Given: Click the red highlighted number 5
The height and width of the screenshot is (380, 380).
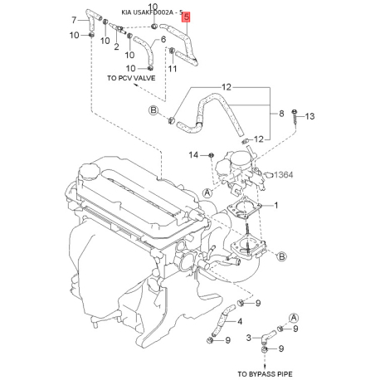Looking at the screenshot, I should pyautogui.click(x=186, y=17).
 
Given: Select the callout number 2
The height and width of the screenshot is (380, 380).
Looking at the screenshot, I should pyautogui.click(x=116, y=47).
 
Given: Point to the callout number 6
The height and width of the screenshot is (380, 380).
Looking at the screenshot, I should pyautogui.click(x=163, y=38).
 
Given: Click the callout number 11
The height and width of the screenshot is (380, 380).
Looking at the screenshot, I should pyautogui.click(x=173, y=68).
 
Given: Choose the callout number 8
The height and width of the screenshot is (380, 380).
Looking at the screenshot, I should pyautogui.click(x=281, y=113).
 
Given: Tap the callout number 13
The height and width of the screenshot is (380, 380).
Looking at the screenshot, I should pyautogui.click(x=311, y=116).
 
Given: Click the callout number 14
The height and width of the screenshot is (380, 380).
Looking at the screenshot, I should pyautogui.click(x=194, y=154).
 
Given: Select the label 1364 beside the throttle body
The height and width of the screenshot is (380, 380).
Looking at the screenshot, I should pyautogui.click(x=284, y=174).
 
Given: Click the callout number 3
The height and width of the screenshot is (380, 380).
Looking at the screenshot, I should pyautogui.click(x=248, y=338).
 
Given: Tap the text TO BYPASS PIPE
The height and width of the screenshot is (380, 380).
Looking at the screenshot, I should pyautogui.click(x=265, y=373).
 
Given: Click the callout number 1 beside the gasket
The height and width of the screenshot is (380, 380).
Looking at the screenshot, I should pyautogui.click(x=276, y=205).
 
